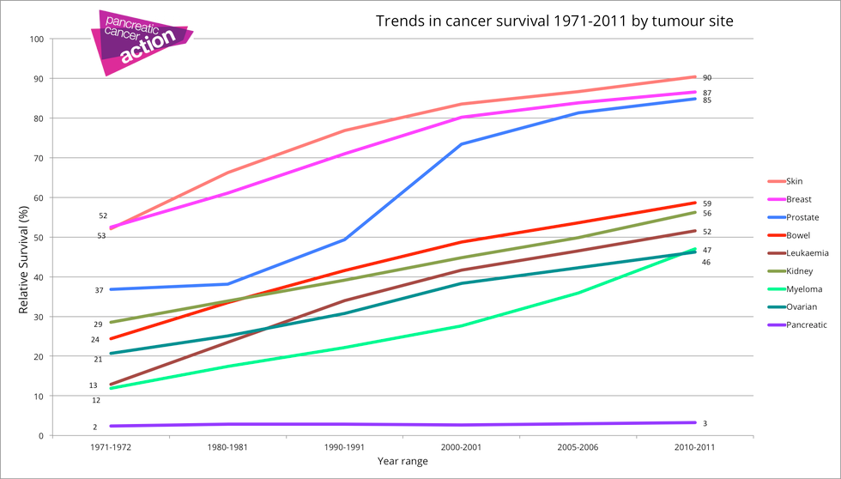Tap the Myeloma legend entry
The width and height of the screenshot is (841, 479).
click(789, 288)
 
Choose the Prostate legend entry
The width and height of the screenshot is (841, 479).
click(789, 217)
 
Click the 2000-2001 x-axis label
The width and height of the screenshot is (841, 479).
click(462, 447)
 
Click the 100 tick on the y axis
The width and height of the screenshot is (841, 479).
click(36, 39)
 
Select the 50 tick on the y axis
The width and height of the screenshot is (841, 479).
click(39, 237)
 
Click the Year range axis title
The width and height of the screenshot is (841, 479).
click(402, 462)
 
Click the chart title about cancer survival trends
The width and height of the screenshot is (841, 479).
click(554, 21)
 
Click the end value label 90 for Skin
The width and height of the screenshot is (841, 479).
click(706, 78)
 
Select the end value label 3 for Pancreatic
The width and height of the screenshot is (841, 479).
click(705, 423)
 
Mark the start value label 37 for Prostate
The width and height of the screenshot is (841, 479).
click(100, 291)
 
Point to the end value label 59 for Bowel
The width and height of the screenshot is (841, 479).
click(706, 203)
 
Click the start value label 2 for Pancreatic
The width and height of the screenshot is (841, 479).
click(95, 427)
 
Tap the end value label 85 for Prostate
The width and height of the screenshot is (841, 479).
click(706, 100)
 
